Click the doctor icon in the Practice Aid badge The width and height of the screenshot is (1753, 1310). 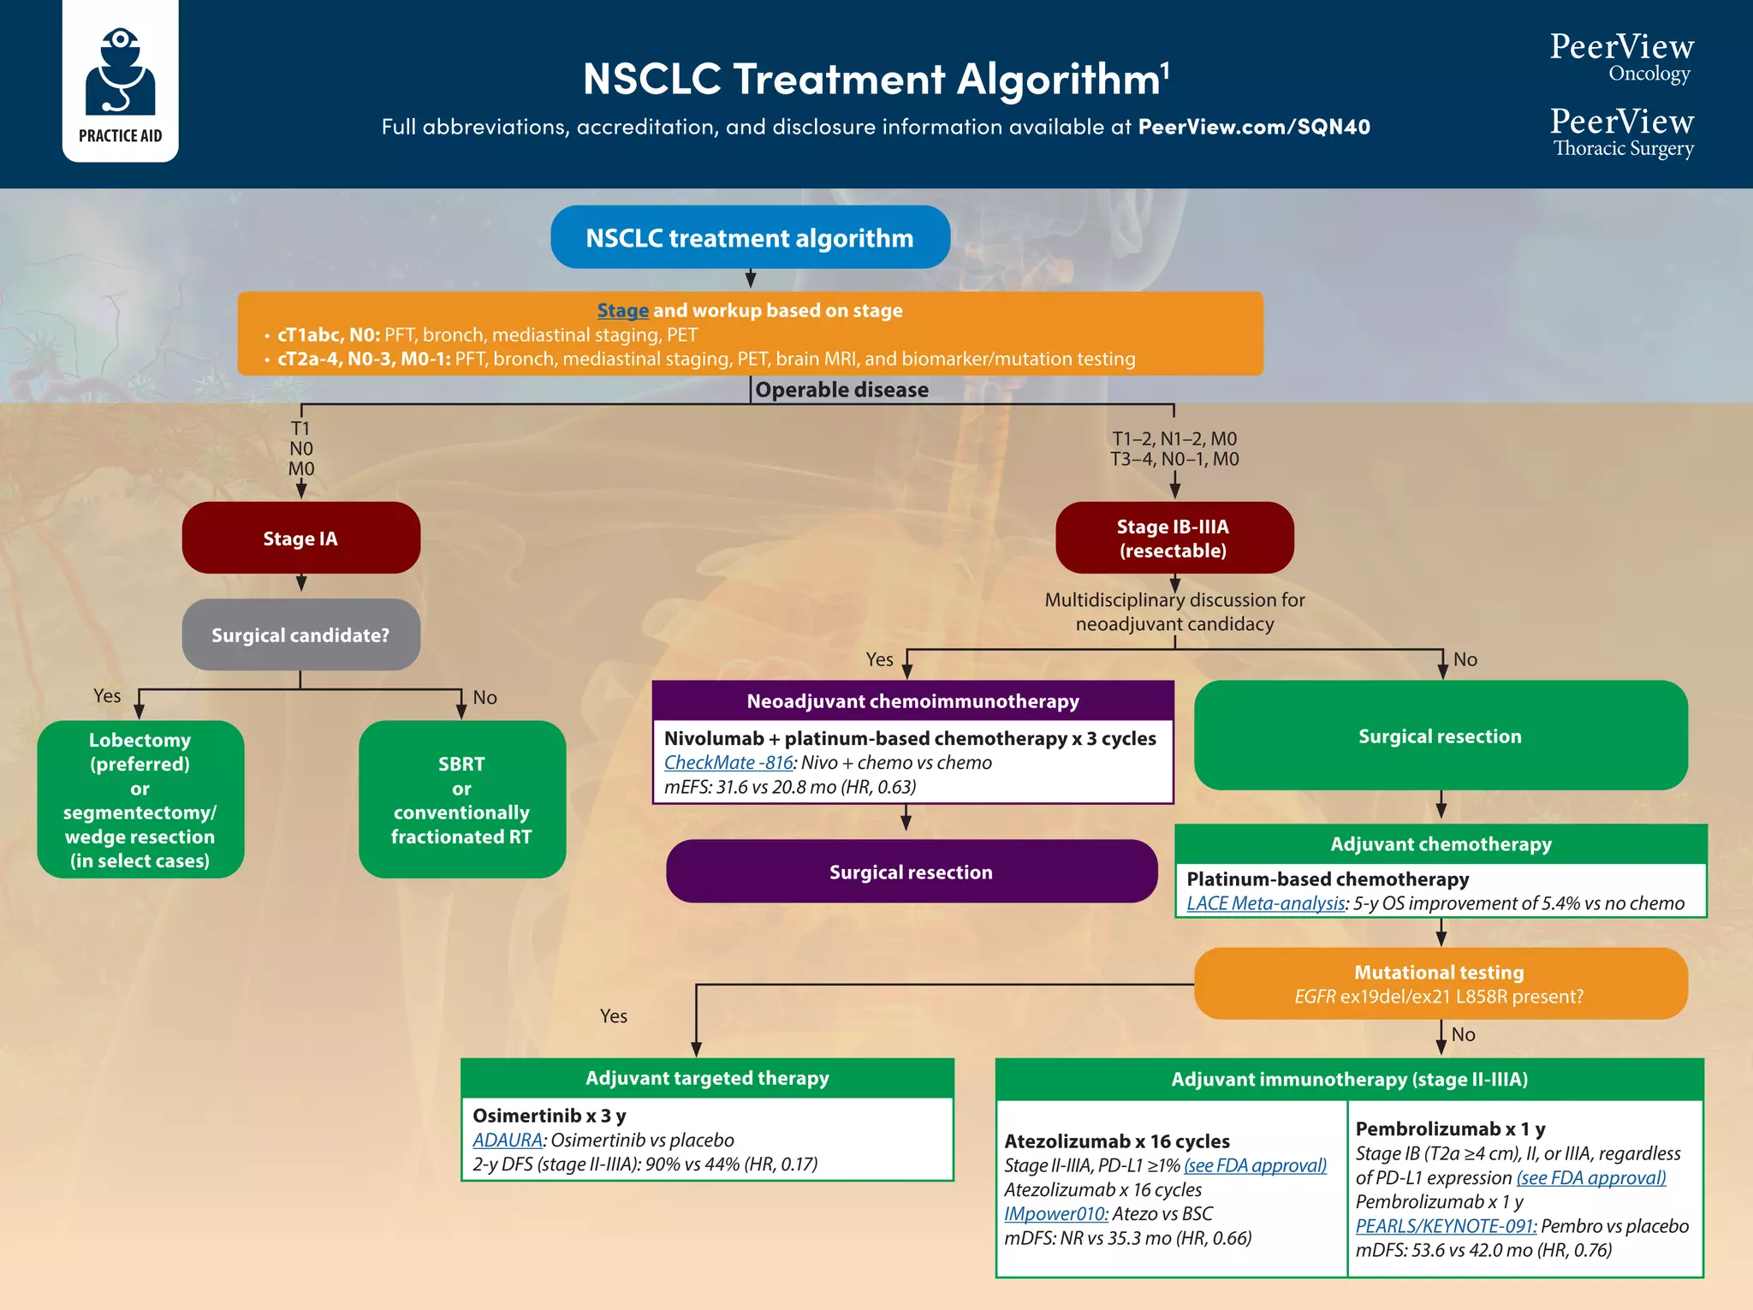click(120, 73)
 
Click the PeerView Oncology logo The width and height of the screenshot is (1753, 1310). click(1621, 57)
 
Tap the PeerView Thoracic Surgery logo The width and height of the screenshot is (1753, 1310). click(1621, 131)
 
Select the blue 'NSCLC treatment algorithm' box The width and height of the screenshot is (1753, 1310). click(750, 237)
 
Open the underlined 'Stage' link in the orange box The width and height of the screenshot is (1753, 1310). click(622, 311)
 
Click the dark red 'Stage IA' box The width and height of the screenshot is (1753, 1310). click(300, 539)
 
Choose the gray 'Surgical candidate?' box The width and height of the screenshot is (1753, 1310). click(300, 635)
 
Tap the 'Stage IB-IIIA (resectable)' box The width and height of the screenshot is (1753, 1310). click(1174, 539)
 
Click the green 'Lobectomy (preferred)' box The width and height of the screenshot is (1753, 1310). click(140, 800)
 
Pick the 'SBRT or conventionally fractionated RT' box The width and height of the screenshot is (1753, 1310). click(461, 800)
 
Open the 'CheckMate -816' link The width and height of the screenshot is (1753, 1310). click(728, 763)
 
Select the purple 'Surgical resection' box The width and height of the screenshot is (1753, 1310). click(911, 872)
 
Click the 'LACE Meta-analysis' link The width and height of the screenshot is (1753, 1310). click(1265, 903)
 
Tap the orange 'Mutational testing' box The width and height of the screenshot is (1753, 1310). click(1440, 984)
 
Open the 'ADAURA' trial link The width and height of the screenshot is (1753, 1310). click(508, 1140)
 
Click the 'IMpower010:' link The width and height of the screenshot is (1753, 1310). click(1055, 1214)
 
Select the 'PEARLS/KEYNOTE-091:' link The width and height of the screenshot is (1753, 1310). click(1446, 1226)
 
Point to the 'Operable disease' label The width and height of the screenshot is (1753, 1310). click(841, 390)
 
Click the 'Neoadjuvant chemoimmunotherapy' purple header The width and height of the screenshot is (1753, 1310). click(912, 701)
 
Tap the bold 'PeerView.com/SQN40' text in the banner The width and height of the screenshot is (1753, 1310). click(1254, 128)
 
